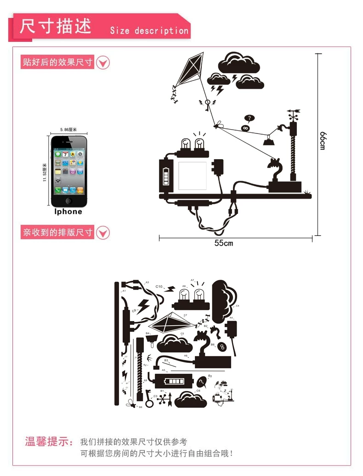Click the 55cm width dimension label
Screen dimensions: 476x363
point(224,243)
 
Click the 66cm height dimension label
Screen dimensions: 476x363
point(323,140)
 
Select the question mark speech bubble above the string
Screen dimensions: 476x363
point(249,119)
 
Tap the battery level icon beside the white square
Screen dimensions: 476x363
point(166,176)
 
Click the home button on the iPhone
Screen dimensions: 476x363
point(68,201)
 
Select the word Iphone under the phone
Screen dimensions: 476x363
point(68,212)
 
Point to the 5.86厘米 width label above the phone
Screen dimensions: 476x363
point(68,130)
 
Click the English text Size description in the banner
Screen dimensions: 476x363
point(149,31)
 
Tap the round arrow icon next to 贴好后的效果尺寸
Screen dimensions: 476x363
point(103,62)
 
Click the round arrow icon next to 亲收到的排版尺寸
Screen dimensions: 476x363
point(103,232)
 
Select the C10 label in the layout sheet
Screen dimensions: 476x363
point(159,287)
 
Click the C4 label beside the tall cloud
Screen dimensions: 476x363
point(238,306)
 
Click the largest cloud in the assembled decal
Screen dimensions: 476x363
point(238,63)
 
